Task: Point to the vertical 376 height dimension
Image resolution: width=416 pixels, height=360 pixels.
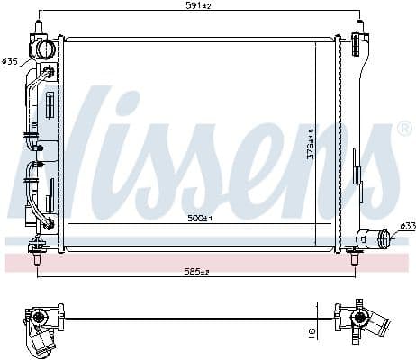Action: pos(310,142)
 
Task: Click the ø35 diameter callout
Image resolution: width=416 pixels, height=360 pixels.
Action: pos(11,62)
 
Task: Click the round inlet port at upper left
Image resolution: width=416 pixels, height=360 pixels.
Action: pos(41,48)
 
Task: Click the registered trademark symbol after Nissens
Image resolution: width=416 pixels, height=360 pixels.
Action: pos(403,129)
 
